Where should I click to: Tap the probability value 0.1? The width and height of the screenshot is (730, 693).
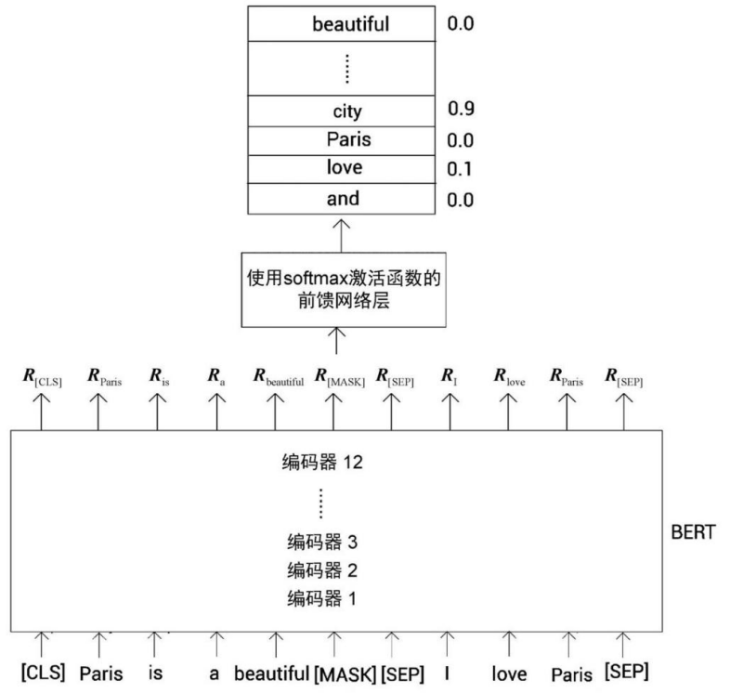(460, 169)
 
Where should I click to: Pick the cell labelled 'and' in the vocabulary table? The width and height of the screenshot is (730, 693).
(343, 199)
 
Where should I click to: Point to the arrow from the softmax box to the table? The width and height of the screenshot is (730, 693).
(343, 233)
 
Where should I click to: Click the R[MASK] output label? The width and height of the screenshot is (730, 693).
(338, 378)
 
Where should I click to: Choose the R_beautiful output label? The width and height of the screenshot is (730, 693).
(279, 378)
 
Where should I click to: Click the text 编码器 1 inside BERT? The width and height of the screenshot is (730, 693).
(322, 597)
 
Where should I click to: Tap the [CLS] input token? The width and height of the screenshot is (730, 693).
(43, 671)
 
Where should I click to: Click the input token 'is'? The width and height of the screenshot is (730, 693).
(156, 671)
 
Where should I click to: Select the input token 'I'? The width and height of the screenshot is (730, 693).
(448, 671)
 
